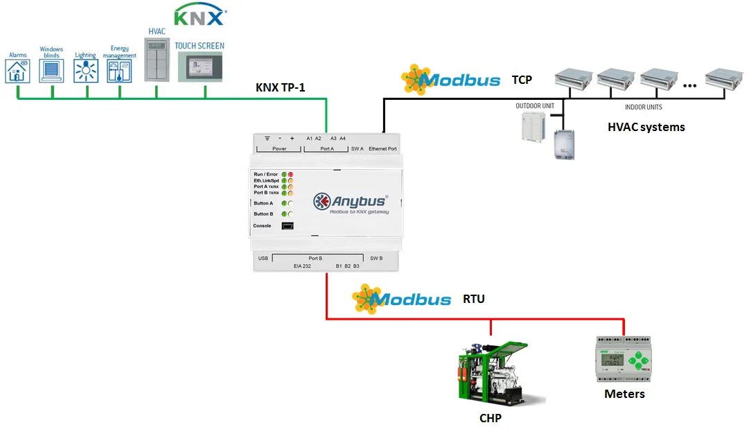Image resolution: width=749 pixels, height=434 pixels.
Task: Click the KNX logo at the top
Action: coord(200,15)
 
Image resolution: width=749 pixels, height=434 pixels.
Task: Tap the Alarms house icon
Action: coord(17,71)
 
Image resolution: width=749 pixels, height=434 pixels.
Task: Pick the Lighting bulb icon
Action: coord(87,71)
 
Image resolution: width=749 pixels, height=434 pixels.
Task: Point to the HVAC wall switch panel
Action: coord(157,60)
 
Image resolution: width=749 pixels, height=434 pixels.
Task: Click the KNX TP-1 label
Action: coord(280,88)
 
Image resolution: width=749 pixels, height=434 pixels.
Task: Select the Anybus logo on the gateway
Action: coord(351,201)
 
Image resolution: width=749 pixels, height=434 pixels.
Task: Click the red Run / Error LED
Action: coord(291,174)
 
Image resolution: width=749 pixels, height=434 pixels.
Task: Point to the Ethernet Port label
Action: coord(382,148)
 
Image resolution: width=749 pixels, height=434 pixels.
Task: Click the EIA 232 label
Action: coord(303,266)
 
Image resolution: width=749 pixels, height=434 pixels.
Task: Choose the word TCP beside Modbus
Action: coord(522,80)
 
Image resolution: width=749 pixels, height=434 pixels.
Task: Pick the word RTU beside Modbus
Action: coord(474,300)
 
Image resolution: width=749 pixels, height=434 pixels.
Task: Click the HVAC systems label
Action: coord(646,127)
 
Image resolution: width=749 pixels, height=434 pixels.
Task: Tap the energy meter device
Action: coord(624,359)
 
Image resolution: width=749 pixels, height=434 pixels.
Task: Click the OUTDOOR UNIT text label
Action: coord(536,106)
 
